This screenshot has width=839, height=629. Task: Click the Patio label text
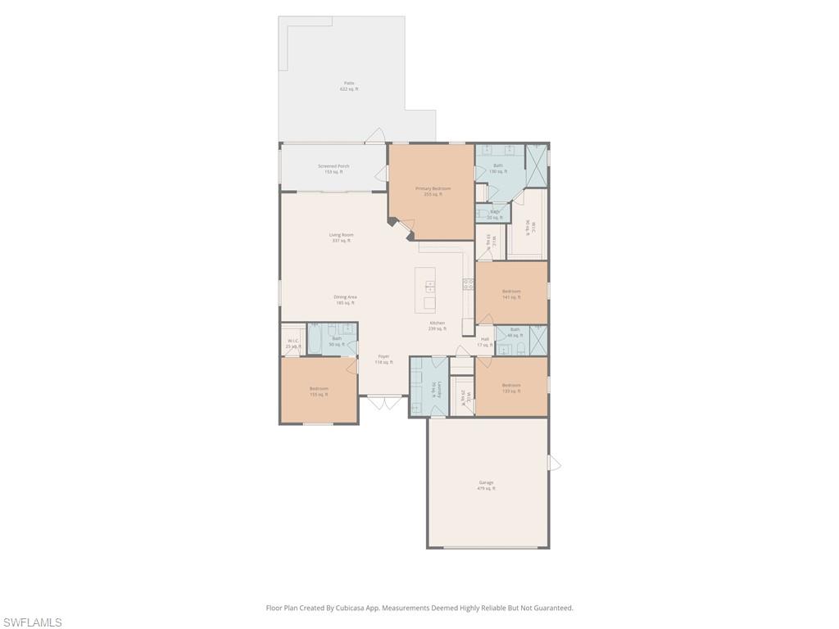349,86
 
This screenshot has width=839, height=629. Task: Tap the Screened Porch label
333,169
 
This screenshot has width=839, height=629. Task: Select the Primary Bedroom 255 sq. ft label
433,191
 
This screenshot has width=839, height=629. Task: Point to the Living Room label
341,238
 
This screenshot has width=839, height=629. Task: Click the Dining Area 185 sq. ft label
345,300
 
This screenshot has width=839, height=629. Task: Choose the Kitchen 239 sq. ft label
438,325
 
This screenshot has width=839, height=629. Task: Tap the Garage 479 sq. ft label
487,485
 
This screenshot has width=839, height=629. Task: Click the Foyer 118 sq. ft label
383,359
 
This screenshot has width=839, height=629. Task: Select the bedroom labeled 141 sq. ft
511,294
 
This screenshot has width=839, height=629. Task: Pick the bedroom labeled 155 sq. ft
319,391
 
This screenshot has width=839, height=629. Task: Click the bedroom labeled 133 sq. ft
511,387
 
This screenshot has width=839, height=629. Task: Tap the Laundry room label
440,389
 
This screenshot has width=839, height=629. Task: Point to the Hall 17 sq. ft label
485,342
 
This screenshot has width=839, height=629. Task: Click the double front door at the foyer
383,402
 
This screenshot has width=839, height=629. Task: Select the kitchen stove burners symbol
468,284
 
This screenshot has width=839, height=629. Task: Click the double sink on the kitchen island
430,287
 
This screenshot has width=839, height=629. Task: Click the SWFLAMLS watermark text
31,622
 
